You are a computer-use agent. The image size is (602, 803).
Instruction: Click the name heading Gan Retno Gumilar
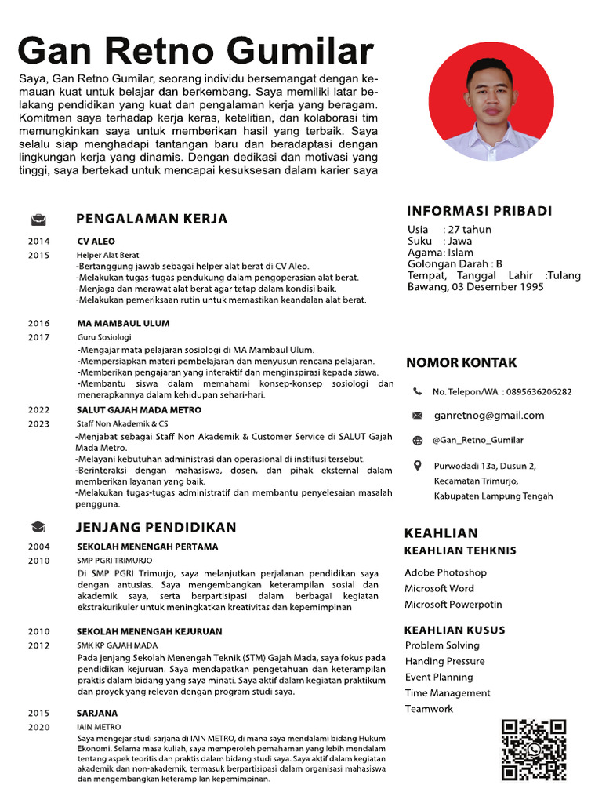point(195,51)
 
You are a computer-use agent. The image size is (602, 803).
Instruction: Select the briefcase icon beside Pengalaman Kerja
point(38,219)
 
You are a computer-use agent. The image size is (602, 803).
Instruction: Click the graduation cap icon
point(38,528)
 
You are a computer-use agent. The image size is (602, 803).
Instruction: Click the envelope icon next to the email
point(417,415)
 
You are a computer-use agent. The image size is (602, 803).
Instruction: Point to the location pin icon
point(417,467)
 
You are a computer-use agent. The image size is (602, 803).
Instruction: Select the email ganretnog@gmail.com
point(489,415)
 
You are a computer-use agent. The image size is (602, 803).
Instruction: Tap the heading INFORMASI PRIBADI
point(480,211)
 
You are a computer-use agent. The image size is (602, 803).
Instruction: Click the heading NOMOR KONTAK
point(461,362)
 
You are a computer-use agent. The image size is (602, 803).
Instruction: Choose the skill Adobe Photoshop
point(445,572)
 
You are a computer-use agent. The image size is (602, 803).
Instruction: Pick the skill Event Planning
point(439,677)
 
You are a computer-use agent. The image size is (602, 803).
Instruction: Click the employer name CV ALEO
point(96,242)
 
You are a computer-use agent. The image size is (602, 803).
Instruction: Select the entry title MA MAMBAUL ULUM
point(123,323)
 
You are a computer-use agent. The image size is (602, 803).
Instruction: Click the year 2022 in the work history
point(38,409)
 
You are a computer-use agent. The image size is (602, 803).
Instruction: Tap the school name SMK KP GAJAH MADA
point(117,645)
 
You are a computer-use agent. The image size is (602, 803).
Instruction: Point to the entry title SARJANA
point(97,713)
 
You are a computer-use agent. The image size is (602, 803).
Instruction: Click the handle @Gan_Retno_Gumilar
point(478,440)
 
